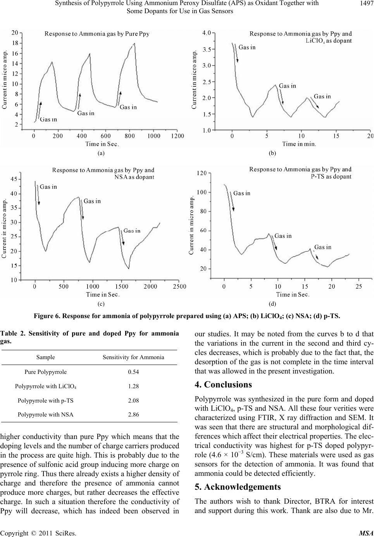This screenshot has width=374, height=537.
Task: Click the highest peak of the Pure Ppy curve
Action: (134, 43)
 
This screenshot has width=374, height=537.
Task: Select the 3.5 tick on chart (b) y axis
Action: (207, 49)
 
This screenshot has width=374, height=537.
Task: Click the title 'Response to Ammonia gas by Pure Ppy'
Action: (97, 34)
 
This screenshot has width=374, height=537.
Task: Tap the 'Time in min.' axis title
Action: (299, 144)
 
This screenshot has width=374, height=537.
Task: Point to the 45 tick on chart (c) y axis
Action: (14, 179)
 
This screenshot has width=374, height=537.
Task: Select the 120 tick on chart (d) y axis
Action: (202, 173)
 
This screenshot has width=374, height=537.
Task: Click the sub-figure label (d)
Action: (272, 304)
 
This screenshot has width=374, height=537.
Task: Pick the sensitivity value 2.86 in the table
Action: (133, 415)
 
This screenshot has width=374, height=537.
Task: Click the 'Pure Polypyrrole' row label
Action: (46, 372)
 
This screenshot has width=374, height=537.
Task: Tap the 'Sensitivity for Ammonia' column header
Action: (133, 357)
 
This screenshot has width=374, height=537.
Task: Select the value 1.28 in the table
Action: (133, 386)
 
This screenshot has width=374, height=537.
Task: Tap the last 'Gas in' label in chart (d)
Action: (323, 247)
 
